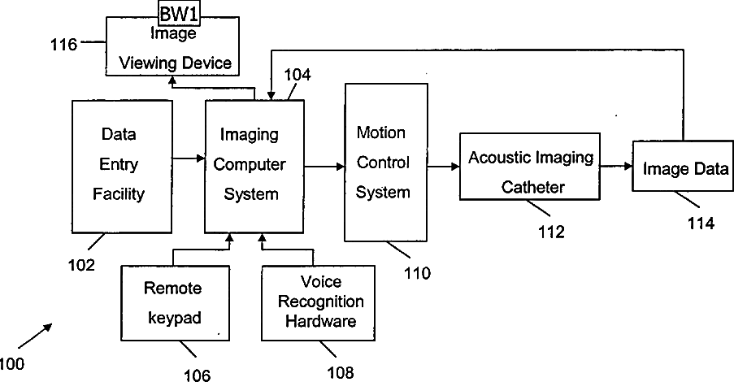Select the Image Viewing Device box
tap(173, 47)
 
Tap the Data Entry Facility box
tap(122, 166)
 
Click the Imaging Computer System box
tap(254, 166)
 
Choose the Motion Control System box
tap(386, 163)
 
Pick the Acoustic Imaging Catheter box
tap(530, 167)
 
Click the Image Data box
tap(683, 166)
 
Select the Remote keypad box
tap(176, 303)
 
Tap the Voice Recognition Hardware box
tap(319, 303)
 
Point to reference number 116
tap(63, 45)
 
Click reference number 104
tap(298, 75)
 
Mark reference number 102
tap(81, 265)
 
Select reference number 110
tap(417, 273)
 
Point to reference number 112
tap(551, 232)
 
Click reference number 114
tap(701, 224)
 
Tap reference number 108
tap(341, 372)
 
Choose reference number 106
tap(197, 375)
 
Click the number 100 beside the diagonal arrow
tap(11, 364)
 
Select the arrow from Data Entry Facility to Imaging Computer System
tap(189, 158)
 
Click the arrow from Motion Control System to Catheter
tap(443, 166)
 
